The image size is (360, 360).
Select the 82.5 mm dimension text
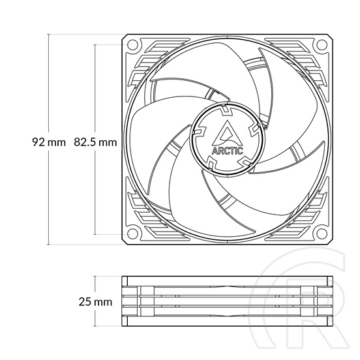click(x=95, y=142)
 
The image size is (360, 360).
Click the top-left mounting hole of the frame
click(x=132, y=45)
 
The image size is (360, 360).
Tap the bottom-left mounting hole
click(x=132, y=233)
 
